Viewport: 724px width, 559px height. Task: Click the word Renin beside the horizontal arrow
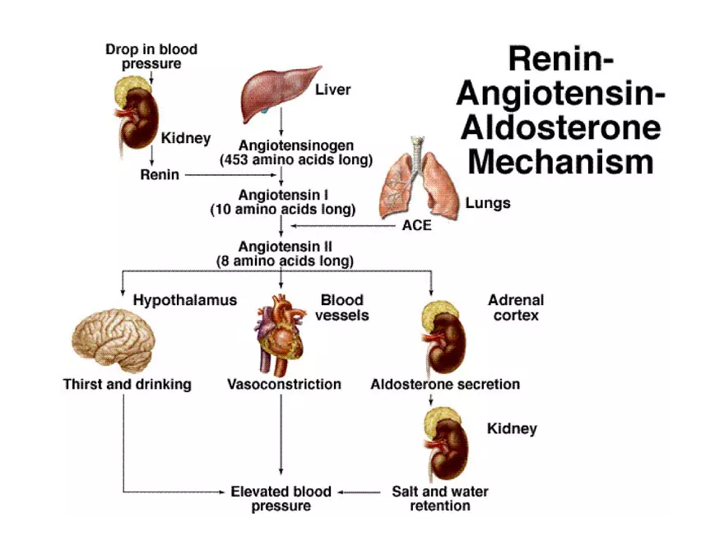coord(160,175)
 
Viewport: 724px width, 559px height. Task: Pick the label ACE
coord(416,225)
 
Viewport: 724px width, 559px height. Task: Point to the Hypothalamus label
coord(184,300)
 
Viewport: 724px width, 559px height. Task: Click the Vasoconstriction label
coord(284,384)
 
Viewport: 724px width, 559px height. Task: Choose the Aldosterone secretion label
coord(445,384)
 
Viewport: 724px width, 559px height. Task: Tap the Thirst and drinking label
coord(127,384)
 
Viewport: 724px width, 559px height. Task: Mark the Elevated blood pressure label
coord(281,499)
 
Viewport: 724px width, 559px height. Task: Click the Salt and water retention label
coord(439,499)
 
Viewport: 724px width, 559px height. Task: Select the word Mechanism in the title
coord(560,160)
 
